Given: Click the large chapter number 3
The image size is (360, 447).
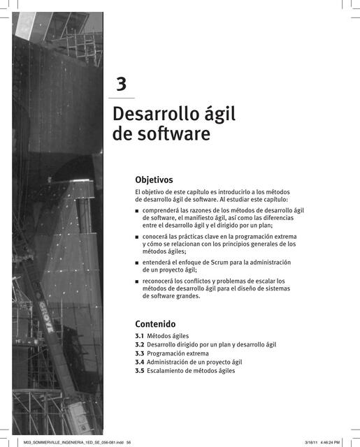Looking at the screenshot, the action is tap(122, 85).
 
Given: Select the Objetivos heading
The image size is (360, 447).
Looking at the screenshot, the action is tap(154, 180).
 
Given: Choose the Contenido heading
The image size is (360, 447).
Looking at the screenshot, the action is tap(155, 324).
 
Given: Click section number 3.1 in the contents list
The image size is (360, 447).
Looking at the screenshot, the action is tap(139, 336).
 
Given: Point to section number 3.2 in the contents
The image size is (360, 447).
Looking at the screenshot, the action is tap(139, 345).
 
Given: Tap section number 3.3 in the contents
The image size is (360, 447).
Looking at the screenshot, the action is tap(139, 353).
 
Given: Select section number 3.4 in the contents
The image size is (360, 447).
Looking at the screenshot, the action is tap(139, 362).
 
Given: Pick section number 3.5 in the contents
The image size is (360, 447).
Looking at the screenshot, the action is tap(139, 371).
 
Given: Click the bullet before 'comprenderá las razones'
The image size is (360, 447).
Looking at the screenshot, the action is tap(137, 210).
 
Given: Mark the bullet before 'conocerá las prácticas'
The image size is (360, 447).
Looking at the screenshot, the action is tap(137, 237).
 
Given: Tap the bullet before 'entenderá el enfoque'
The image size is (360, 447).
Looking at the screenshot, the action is tap(137, 263).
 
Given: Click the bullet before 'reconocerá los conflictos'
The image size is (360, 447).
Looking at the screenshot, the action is tap(137, 281).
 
